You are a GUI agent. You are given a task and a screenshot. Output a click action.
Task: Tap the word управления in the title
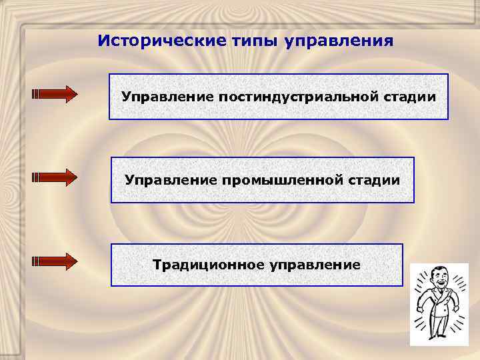click(339, 41)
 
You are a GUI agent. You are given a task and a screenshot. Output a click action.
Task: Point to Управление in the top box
click(167, 97)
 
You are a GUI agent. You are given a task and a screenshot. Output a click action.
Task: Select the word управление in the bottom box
click(315, 265)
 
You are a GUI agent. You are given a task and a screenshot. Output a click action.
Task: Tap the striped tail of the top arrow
click(37, 94)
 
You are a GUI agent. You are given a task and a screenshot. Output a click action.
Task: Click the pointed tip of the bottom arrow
click(74, 261)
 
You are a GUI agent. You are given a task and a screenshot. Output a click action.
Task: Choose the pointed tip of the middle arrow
click(74, 177)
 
